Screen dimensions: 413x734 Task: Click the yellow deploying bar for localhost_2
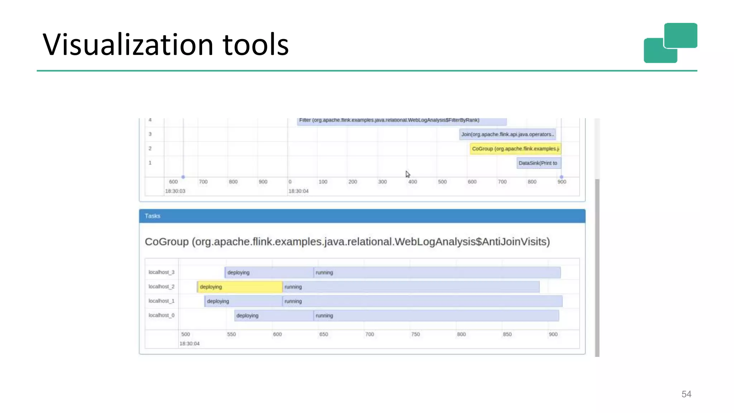point(240,287)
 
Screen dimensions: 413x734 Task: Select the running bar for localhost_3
point(437,272)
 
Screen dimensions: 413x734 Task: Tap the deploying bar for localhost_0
point(274,315)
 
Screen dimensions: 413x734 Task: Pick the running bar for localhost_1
point(422,301)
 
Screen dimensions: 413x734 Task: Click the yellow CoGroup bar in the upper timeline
point(515,149)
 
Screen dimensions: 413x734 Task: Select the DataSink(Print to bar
point(539,163)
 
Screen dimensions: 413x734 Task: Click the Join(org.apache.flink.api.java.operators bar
point(507,134)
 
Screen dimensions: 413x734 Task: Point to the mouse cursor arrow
point(407,174)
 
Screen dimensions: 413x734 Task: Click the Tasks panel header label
point(152,216)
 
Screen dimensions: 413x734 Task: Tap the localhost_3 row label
point(161,272)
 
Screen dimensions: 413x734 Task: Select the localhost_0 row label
point(161,315)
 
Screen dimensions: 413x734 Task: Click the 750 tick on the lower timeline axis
point(415,334)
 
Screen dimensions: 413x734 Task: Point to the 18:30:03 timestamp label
point(175,191)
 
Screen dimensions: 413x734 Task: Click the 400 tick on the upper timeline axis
point(413,182)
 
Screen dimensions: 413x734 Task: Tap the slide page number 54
point(686,394)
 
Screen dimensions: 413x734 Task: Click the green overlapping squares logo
point(670,43)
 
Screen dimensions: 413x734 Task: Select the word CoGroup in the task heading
point(166,242)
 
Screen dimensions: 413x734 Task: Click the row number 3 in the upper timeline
point(150,134)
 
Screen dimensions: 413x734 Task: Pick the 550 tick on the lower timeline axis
point(232,334)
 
